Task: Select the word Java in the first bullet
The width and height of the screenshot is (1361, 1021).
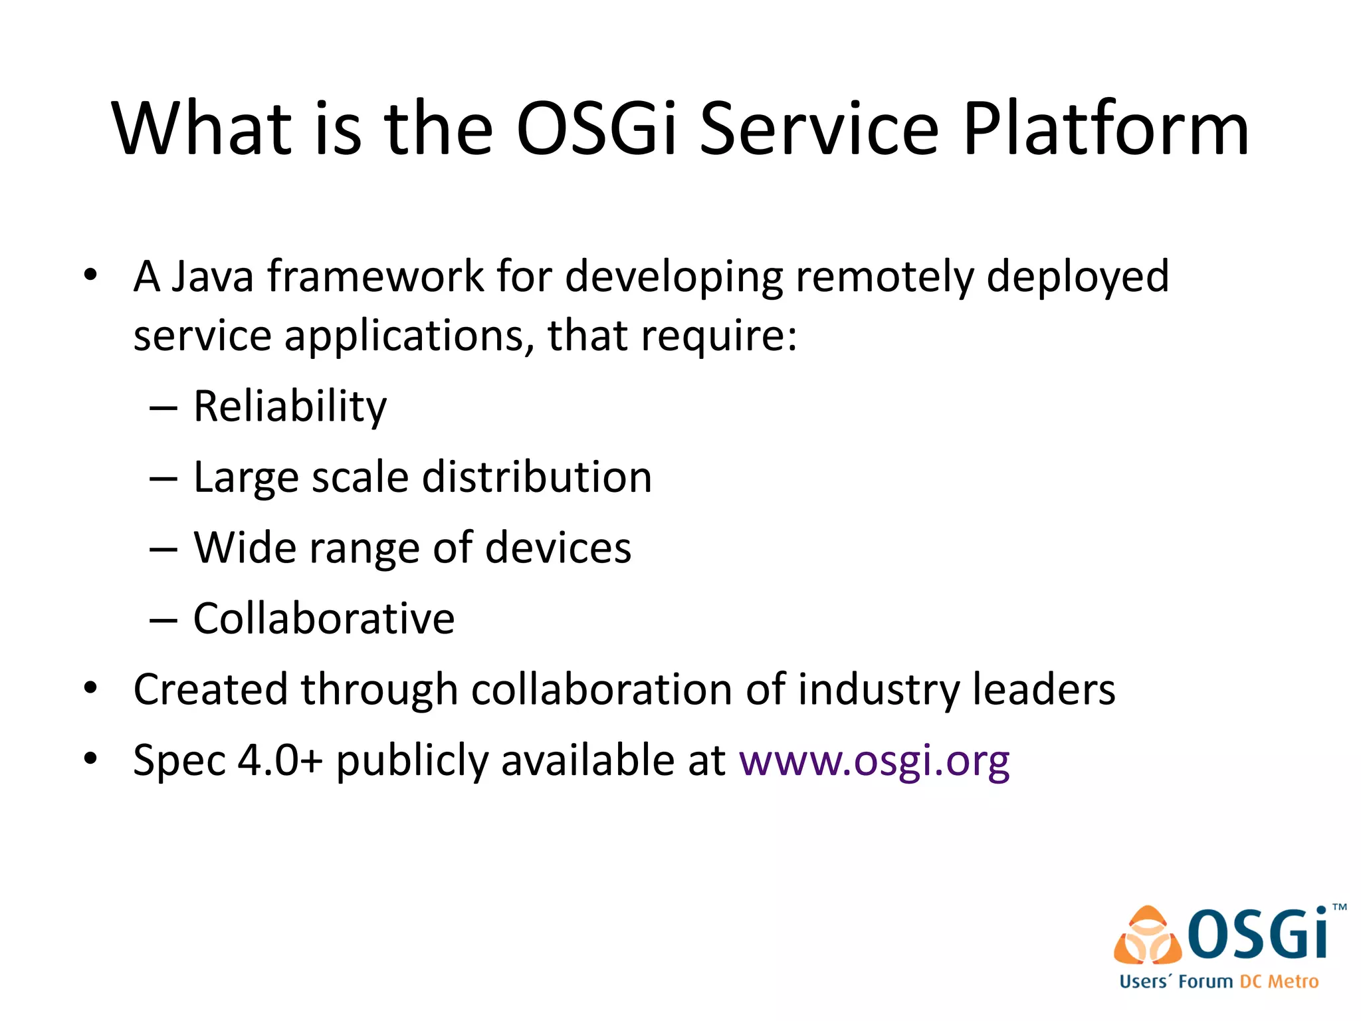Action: pos(213,276)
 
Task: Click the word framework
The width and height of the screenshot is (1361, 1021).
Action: pos(376,276)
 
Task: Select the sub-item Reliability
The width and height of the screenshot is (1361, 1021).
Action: pos(290,406)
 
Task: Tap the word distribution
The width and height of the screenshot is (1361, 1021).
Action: pos(537,477)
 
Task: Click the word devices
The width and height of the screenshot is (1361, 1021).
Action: pos(558,548)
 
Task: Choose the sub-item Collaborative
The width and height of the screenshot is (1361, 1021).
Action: pos(324,619)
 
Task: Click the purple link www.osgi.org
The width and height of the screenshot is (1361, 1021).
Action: pos(875,760)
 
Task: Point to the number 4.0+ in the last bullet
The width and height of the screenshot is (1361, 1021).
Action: pos(280,760)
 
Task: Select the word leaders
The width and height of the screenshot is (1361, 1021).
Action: pos(1044,689)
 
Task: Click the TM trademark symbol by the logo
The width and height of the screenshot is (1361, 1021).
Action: pos(1340,907)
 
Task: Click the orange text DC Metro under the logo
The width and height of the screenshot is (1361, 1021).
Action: pos(1279,982)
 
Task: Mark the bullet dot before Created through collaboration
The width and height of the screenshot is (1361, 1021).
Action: pos(91,689)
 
